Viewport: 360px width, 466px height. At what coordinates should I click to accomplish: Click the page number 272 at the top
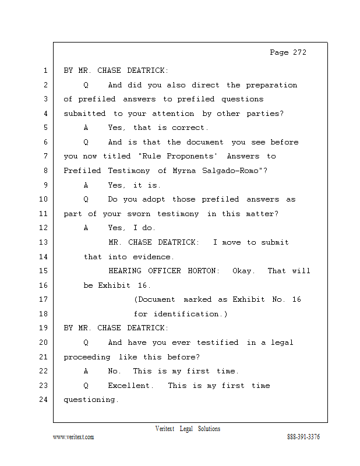click(299, 52)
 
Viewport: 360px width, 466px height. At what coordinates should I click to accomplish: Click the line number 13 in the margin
click(44, 242)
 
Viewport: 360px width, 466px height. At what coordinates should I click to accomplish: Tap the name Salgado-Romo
click(230, 171)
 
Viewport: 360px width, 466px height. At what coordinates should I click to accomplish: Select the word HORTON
click(203, 271)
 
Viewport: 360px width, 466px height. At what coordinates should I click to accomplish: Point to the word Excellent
click(130, 386)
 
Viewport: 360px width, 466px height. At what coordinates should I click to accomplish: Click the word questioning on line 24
click(91, 400)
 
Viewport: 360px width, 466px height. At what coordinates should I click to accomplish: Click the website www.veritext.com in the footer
click(73, 437)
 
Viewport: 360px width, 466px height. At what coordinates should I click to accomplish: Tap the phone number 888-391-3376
click(303, 436)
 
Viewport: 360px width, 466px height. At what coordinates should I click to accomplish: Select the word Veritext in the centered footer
click(165, 429)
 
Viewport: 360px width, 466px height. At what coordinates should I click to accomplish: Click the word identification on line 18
click(186, 314)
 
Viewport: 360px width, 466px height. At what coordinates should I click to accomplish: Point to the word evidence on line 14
click(151, 257)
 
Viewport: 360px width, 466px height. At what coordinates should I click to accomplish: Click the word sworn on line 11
click(139, 214)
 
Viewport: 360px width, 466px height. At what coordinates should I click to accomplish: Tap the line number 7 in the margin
click(45, 156)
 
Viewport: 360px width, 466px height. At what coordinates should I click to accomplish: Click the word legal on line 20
click(282, 343)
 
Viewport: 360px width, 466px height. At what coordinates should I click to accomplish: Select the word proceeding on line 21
click(87, 357)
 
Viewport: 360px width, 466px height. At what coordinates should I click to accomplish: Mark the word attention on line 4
click(173, 114)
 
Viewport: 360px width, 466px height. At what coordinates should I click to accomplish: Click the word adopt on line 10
click(153, 199)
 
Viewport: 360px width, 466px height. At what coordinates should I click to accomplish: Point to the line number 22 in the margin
click(44, 371)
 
